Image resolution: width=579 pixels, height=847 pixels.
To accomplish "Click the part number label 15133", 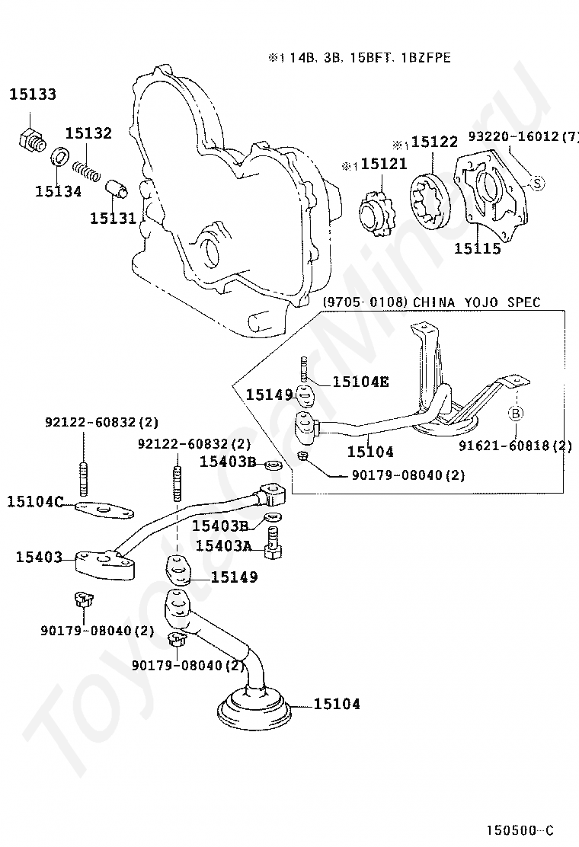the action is pyautogui.click(x=33, y=94).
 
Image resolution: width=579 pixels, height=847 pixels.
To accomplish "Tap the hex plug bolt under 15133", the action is pyautogui.click(x=30, y=141).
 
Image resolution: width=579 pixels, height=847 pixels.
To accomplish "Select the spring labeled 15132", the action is pyautogui.click(x=86, y=169).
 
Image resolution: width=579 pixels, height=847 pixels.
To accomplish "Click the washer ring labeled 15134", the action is pyautogui.click(x=59, y=156).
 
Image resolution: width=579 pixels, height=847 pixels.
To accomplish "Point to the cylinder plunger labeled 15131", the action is pyautogui.click(x=117, y=188).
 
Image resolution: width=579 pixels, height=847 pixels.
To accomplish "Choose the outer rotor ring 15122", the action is pyautogui.click(x=431, y=203).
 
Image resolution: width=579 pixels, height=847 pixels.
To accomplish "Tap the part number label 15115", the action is pyautogui.click(x=478, y=248).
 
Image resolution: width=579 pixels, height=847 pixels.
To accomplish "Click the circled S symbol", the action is pyautogui.click(x=537, y=184).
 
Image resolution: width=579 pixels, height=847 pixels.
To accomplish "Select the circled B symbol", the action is pyautogui.click(x=516, y=414).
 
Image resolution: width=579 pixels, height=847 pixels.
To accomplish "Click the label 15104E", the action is pyautogui.click(x=360, y=382).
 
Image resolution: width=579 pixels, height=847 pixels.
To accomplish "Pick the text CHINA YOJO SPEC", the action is pyautogui.click(x=476, y=302).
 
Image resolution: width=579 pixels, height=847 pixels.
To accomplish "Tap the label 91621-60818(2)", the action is pyautogui.click(x=515, y=446).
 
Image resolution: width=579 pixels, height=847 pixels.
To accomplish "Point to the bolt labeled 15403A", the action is pyautogui.click(x=273, y=542).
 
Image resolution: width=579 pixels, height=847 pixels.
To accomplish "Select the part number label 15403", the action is pyautogui.click(x=40, y=556).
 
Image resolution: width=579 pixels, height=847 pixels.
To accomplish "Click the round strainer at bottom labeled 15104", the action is pyautogui.click(x=254, y=708).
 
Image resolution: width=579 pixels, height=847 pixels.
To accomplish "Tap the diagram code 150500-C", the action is pyautogui.click(x=520, y=830).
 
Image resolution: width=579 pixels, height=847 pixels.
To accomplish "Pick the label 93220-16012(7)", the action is pyautogui.click(x=523, y=136).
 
